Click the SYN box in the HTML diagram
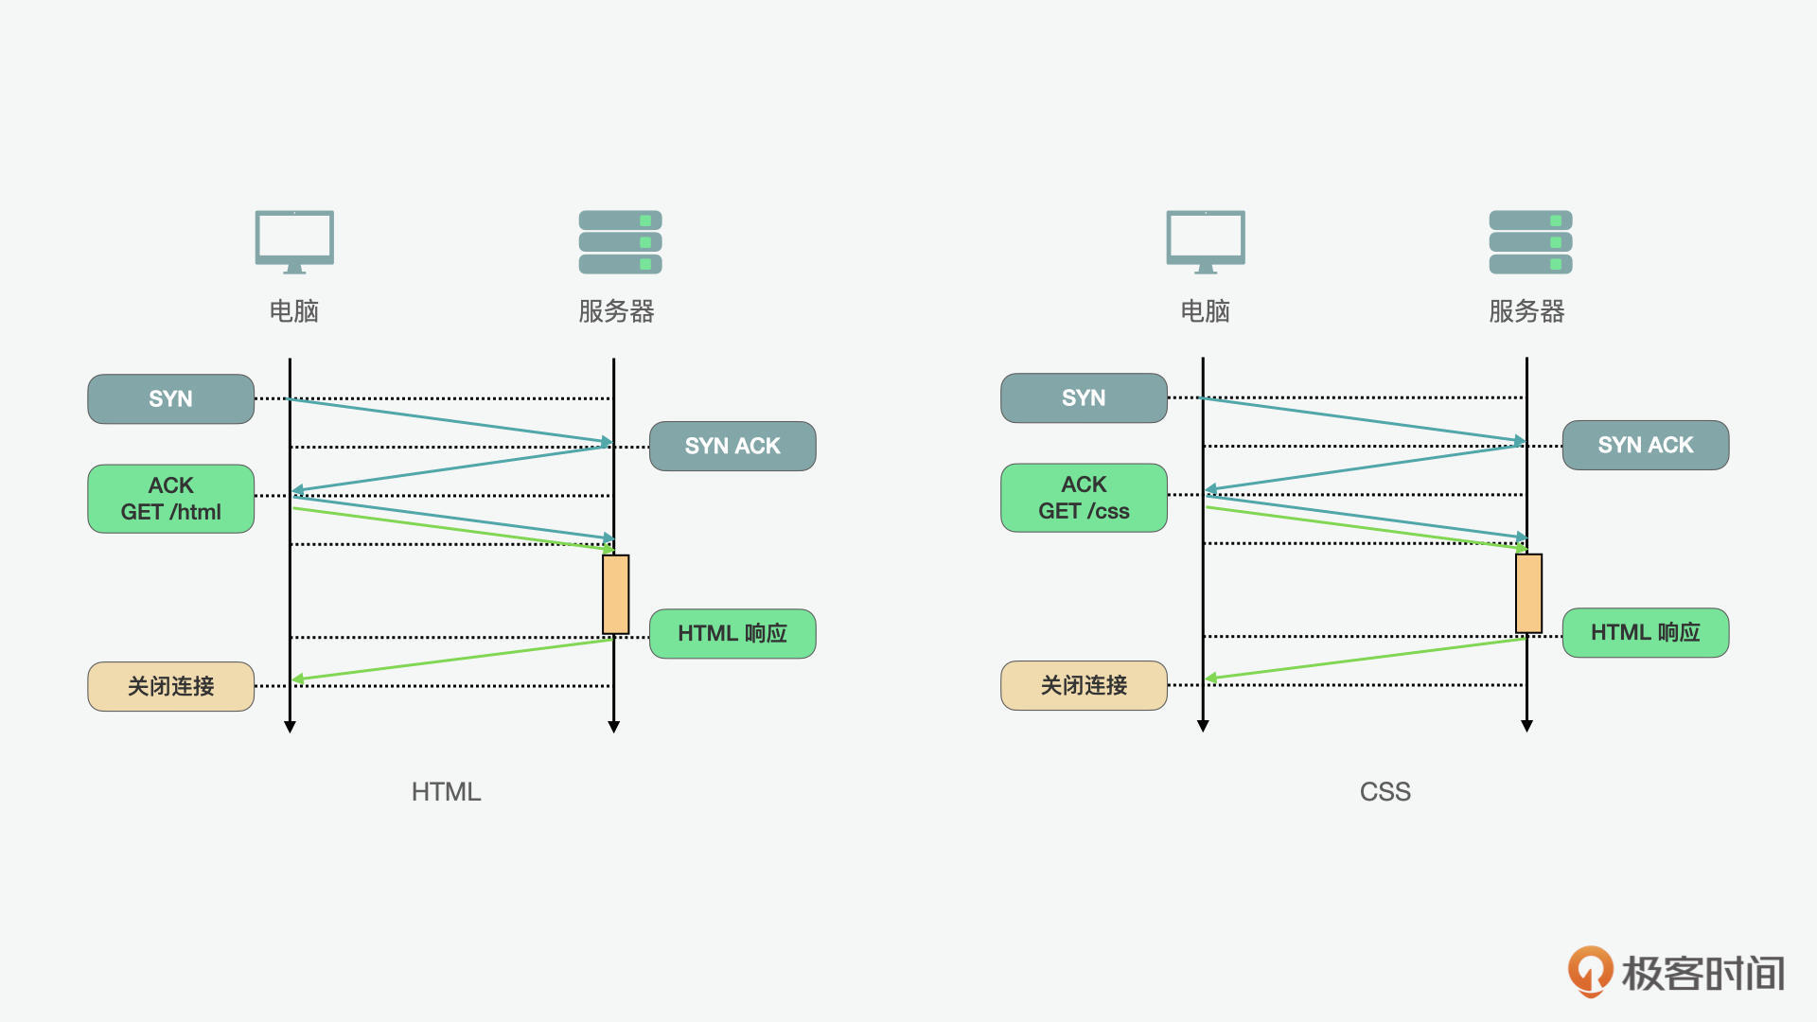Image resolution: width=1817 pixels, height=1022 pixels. tap(170, 398)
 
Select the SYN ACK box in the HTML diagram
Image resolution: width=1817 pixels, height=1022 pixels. tap(732, 446)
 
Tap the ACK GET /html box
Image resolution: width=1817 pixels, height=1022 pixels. tap(170, 499)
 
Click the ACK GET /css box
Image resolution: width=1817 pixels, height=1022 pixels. tap(1084, 498)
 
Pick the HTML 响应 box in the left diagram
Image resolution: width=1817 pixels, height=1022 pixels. tap(732, 633)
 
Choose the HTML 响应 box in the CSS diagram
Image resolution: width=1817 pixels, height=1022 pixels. tap(1646, 632)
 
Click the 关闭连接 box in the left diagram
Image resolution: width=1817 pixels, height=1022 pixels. tap(170, 686)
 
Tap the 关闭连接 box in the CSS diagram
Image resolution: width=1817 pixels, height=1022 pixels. tap(1084, 685)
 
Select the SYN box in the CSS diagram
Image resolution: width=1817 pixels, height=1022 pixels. tap(1084, 397)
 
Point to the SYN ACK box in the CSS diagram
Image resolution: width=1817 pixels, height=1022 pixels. tap(1646, 445)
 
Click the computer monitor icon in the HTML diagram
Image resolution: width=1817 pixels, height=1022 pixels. tap(294, 241)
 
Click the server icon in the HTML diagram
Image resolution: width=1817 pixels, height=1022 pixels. tap(620, 242)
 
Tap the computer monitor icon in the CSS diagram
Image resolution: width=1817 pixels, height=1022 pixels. tap(1206, 241)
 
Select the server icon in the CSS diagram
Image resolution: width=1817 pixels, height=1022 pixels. tap(1530, 242)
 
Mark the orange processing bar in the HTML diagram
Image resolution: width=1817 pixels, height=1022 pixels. tap(616, 594)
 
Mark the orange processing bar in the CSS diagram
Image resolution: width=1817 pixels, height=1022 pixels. tap(1528, 593)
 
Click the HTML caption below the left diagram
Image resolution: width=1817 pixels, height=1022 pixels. tap(446, 792)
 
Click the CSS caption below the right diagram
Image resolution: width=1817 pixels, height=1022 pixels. tap(1385, 792)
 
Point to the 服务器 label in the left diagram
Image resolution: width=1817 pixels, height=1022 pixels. tap(616, 311)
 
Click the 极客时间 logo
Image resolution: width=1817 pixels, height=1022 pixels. tap(1676, 972)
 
